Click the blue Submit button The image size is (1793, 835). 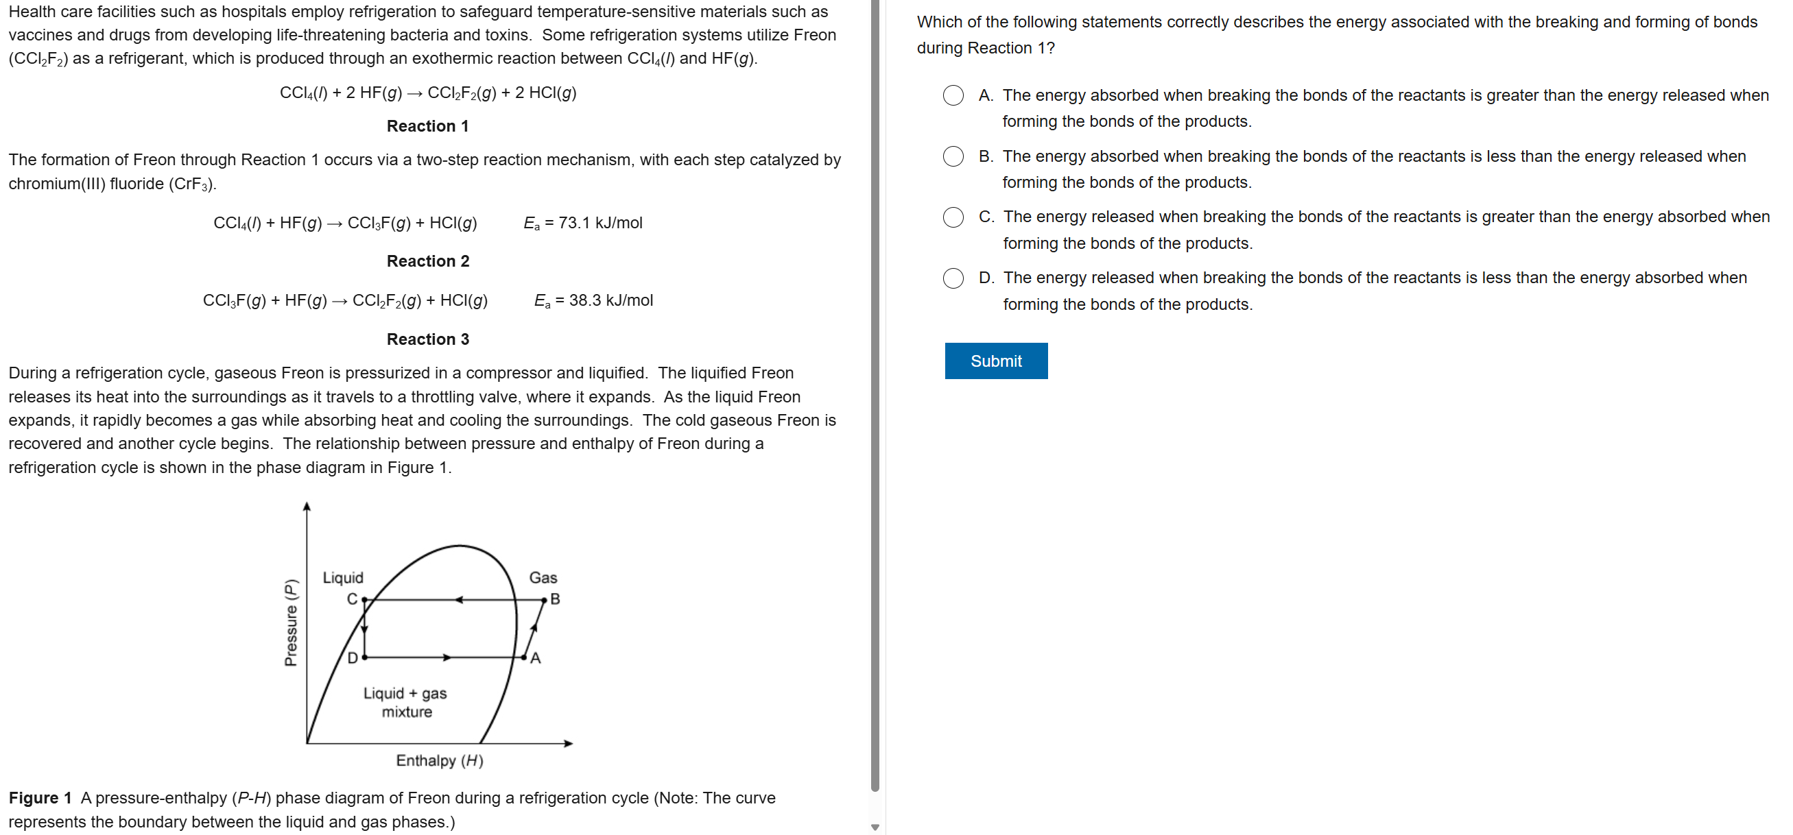[995, 361]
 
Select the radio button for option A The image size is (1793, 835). [953, 95]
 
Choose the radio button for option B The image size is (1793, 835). [953, 156]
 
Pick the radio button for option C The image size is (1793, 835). [953, 217]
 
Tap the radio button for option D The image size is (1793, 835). [953, 278]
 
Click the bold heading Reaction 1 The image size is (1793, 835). [427, 126]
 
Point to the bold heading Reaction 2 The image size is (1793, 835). [427, 261]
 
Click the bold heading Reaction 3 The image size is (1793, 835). [427, 339]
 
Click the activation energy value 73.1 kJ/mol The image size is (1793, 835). [599, 223]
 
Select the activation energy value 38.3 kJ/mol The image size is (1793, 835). [610, 300]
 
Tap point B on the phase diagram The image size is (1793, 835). [545, 600]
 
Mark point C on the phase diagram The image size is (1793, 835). [364, 599]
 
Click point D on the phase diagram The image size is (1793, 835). [364, 657]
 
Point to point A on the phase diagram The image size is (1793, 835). [524, 657]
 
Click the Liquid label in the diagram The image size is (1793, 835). [342, 577]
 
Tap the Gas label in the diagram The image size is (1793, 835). [543, 577]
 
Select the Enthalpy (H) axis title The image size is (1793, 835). [439, 760]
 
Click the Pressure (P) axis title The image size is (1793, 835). [291, 622]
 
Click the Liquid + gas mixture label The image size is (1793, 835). [406, 702]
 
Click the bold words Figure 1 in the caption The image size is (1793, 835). [40, 798]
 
